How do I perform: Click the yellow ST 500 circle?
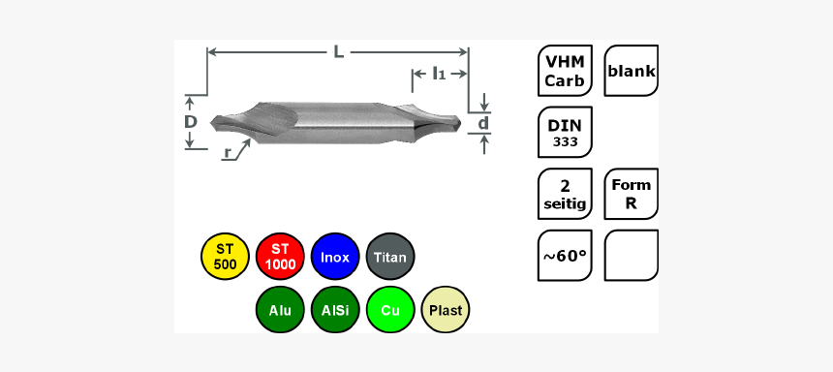coord(226,257)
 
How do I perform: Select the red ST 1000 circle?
coord(280,257)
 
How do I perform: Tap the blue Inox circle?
coord(335,257)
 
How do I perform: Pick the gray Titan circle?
coord(390,257)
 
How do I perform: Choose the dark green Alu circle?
coord(280,310)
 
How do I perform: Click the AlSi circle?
coord(335,310)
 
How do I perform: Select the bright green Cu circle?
coord(390,310)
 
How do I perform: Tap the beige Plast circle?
coord(446,310)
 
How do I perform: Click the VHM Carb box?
coord(565,71)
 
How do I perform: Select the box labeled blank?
coord(632,71)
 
